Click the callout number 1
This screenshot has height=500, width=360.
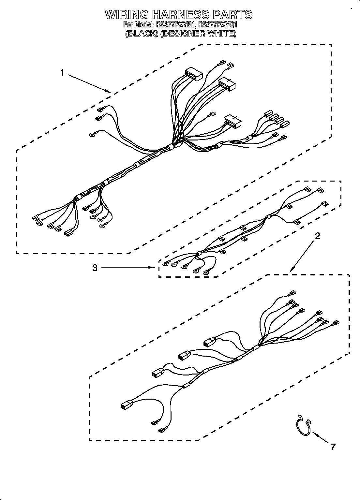pyautogui.click(x=62, y=72)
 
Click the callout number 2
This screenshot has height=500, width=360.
pyautogui.click(x=317, y=236)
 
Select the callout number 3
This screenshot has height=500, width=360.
pyautogui.click(x=95, y=268)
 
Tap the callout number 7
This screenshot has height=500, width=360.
pyautogui.click(x=333, y=447)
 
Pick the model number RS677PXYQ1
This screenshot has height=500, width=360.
pyautogui.click(x=217, y=24)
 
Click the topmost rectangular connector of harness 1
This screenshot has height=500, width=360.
pyautogui.click(x=194, y=75)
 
